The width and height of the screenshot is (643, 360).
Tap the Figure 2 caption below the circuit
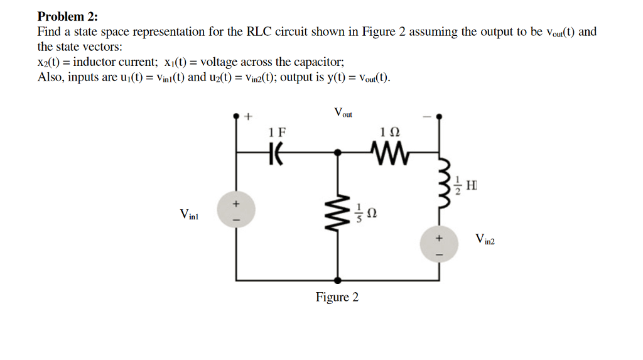(337, 297)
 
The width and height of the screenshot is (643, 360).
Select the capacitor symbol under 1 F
(275, 152)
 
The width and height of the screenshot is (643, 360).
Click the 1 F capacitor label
(276, 133)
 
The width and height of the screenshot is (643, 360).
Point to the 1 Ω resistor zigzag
(390, 151)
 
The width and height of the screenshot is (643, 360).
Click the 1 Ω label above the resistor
(389, 133)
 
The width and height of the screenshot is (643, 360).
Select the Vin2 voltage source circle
(439, 244)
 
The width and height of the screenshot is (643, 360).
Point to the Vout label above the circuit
(343, 114)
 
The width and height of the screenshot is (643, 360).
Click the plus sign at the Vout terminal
(248, 116)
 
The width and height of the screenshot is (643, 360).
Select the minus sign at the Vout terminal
(426, 116)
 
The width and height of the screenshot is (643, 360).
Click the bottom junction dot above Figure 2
(338, 280)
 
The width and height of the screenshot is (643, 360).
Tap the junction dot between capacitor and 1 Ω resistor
(338, 152)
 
